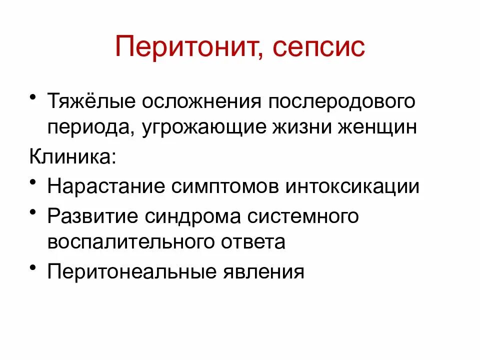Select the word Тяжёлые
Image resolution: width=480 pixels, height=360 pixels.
(91, 101)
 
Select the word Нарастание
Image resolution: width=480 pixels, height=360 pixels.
(104, 186)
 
